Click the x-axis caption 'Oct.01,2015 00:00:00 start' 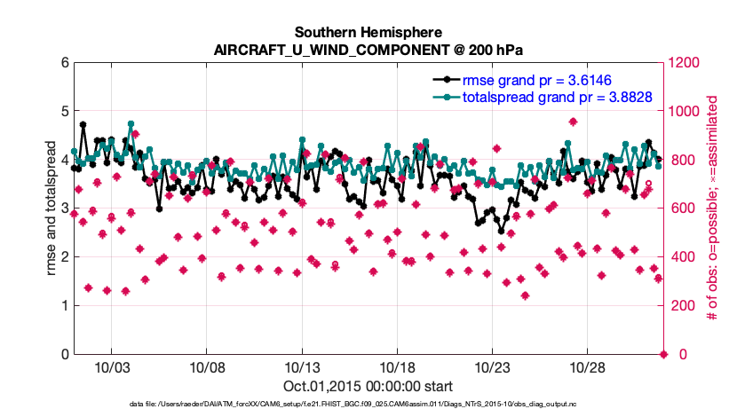tap(368, 386)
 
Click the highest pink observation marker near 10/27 tap(573, 122)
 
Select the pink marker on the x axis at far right tap(664, 355)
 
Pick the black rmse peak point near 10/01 tap(83, 125)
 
